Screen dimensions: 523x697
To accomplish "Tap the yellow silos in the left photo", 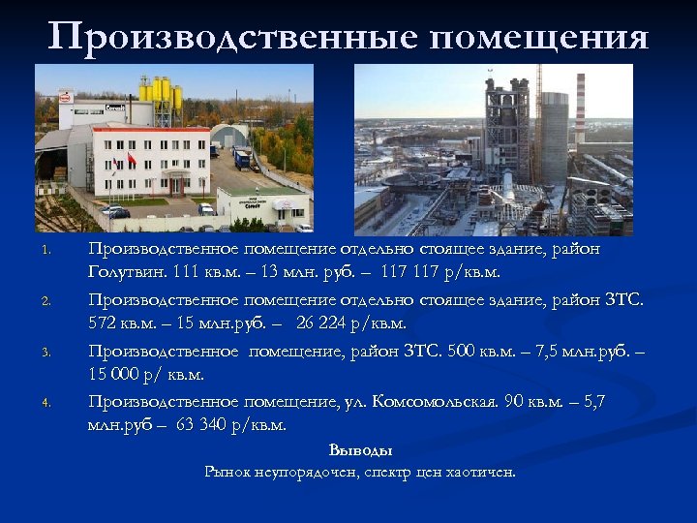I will click(x=161, y=95).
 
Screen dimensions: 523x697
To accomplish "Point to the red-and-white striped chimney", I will click(x=580, y=106).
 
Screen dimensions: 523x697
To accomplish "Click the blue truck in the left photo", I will click(x=241, y=157).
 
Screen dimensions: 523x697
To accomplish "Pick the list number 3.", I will click(x=45, y=353).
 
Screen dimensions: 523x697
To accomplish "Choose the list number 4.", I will click(x=45, y=403).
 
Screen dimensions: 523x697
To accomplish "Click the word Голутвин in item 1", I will click(x=129, y=272).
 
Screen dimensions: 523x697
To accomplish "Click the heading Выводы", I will click(x=360, y=450).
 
